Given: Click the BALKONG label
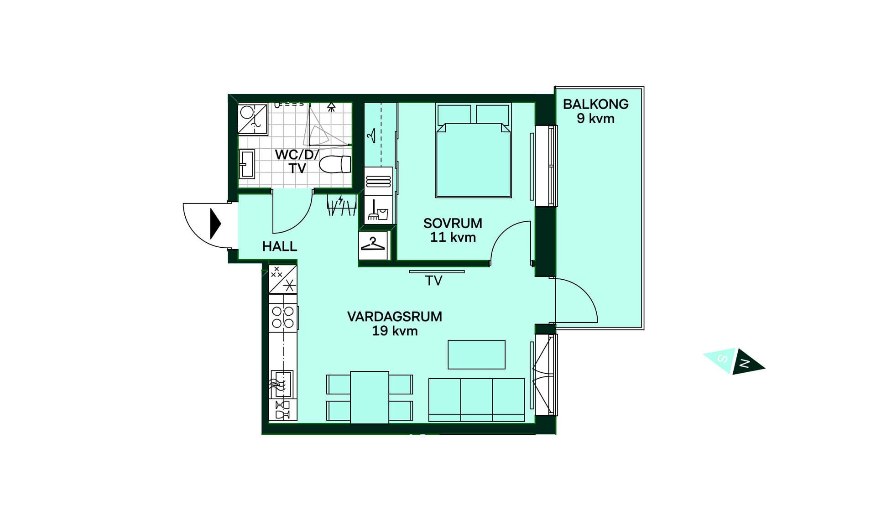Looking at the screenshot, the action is point(595,104).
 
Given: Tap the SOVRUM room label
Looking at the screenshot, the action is point(453,223).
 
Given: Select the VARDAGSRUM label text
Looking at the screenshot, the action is point(395,316).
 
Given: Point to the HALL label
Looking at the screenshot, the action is point(280,246).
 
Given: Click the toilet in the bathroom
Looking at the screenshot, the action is point(335,164).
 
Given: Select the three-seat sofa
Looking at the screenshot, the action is point(477,400).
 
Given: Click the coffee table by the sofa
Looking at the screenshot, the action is point(476,355).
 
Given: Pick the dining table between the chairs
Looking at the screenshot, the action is point(370,397).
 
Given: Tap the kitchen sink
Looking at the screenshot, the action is point(282,384).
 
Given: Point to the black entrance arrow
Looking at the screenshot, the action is point(215,224).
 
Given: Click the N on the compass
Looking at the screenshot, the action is point(745,364).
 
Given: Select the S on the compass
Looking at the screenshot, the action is point(723,359).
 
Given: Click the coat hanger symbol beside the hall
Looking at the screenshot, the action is point(373,245).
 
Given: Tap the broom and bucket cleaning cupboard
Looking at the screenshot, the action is point(378,210).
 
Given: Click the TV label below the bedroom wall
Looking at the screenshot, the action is point(433,281).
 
